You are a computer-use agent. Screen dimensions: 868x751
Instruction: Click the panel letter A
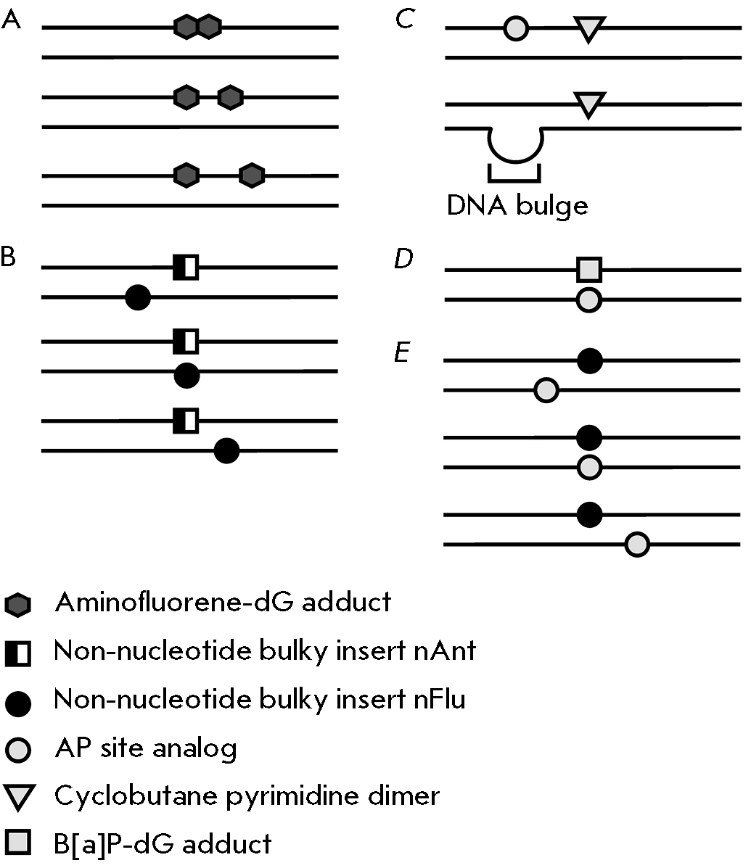coord(11,21)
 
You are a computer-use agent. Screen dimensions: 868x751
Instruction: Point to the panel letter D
coord(403,260)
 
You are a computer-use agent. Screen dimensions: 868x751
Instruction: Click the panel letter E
coord(402,354)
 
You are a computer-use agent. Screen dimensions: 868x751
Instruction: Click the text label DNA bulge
coord(517,206)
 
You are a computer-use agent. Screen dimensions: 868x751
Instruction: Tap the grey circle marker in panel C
coord(516,29)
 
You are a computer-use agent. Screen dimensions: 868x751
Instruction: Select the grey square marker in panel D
coord(589,270)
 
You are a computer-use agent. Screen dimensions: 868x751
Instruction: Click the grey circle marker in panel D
coord(589,299)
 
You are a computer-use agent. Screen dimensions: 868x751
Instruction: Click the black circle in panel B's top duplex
coord(138,297)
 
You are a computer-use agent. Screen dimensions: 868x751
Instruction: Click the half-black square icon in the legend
coord(17,653)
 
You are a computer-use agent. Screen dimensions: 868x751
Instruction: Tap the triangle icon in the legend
coord(17,798)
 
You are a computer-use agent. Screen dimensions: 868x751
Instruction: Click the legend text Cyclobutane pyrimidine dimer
coord(247,796)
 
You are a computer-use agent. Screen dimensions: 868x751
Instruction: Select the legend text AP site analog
coord(146,748)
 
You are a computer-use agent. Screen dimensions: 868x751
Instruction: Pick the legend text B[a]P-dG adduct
coord(163,844)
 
